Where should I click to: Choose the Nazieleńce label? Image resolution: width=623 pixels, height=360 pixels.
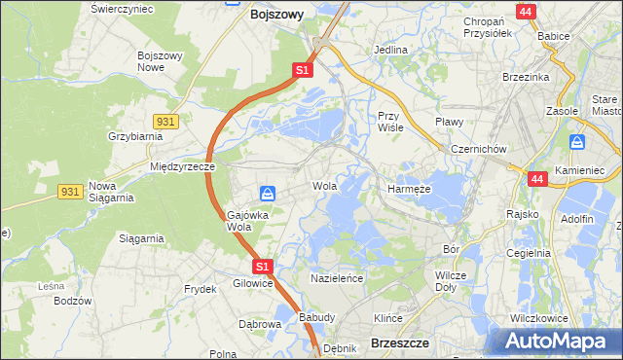coord(336,278)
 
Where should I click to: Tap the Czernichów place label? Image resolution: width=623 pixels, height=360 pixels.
coord(478,149)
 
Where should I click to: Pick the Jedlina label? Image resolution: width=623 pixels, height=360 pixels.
coord(390,49)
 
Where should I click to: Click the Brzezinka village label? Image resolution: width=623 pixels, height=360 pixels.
coord(527,77)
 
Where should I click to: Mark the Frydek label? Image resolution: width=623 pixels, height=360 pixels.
coord(200,290)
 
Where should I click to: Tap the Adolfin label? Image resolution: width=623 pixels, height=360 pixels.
coord(577,219)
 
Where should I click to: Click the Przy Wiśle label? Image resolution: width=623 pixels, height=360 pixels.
coord(390,121)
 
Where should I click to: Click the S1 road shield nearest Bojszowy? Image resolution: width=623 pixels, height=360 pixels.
coord(303,70)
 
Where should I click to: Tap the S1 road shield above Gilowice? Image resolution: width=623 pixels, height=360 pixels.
coord(261,266)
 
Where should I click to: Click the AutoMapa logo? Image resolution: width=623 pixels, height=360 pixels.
coord(559,341)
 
